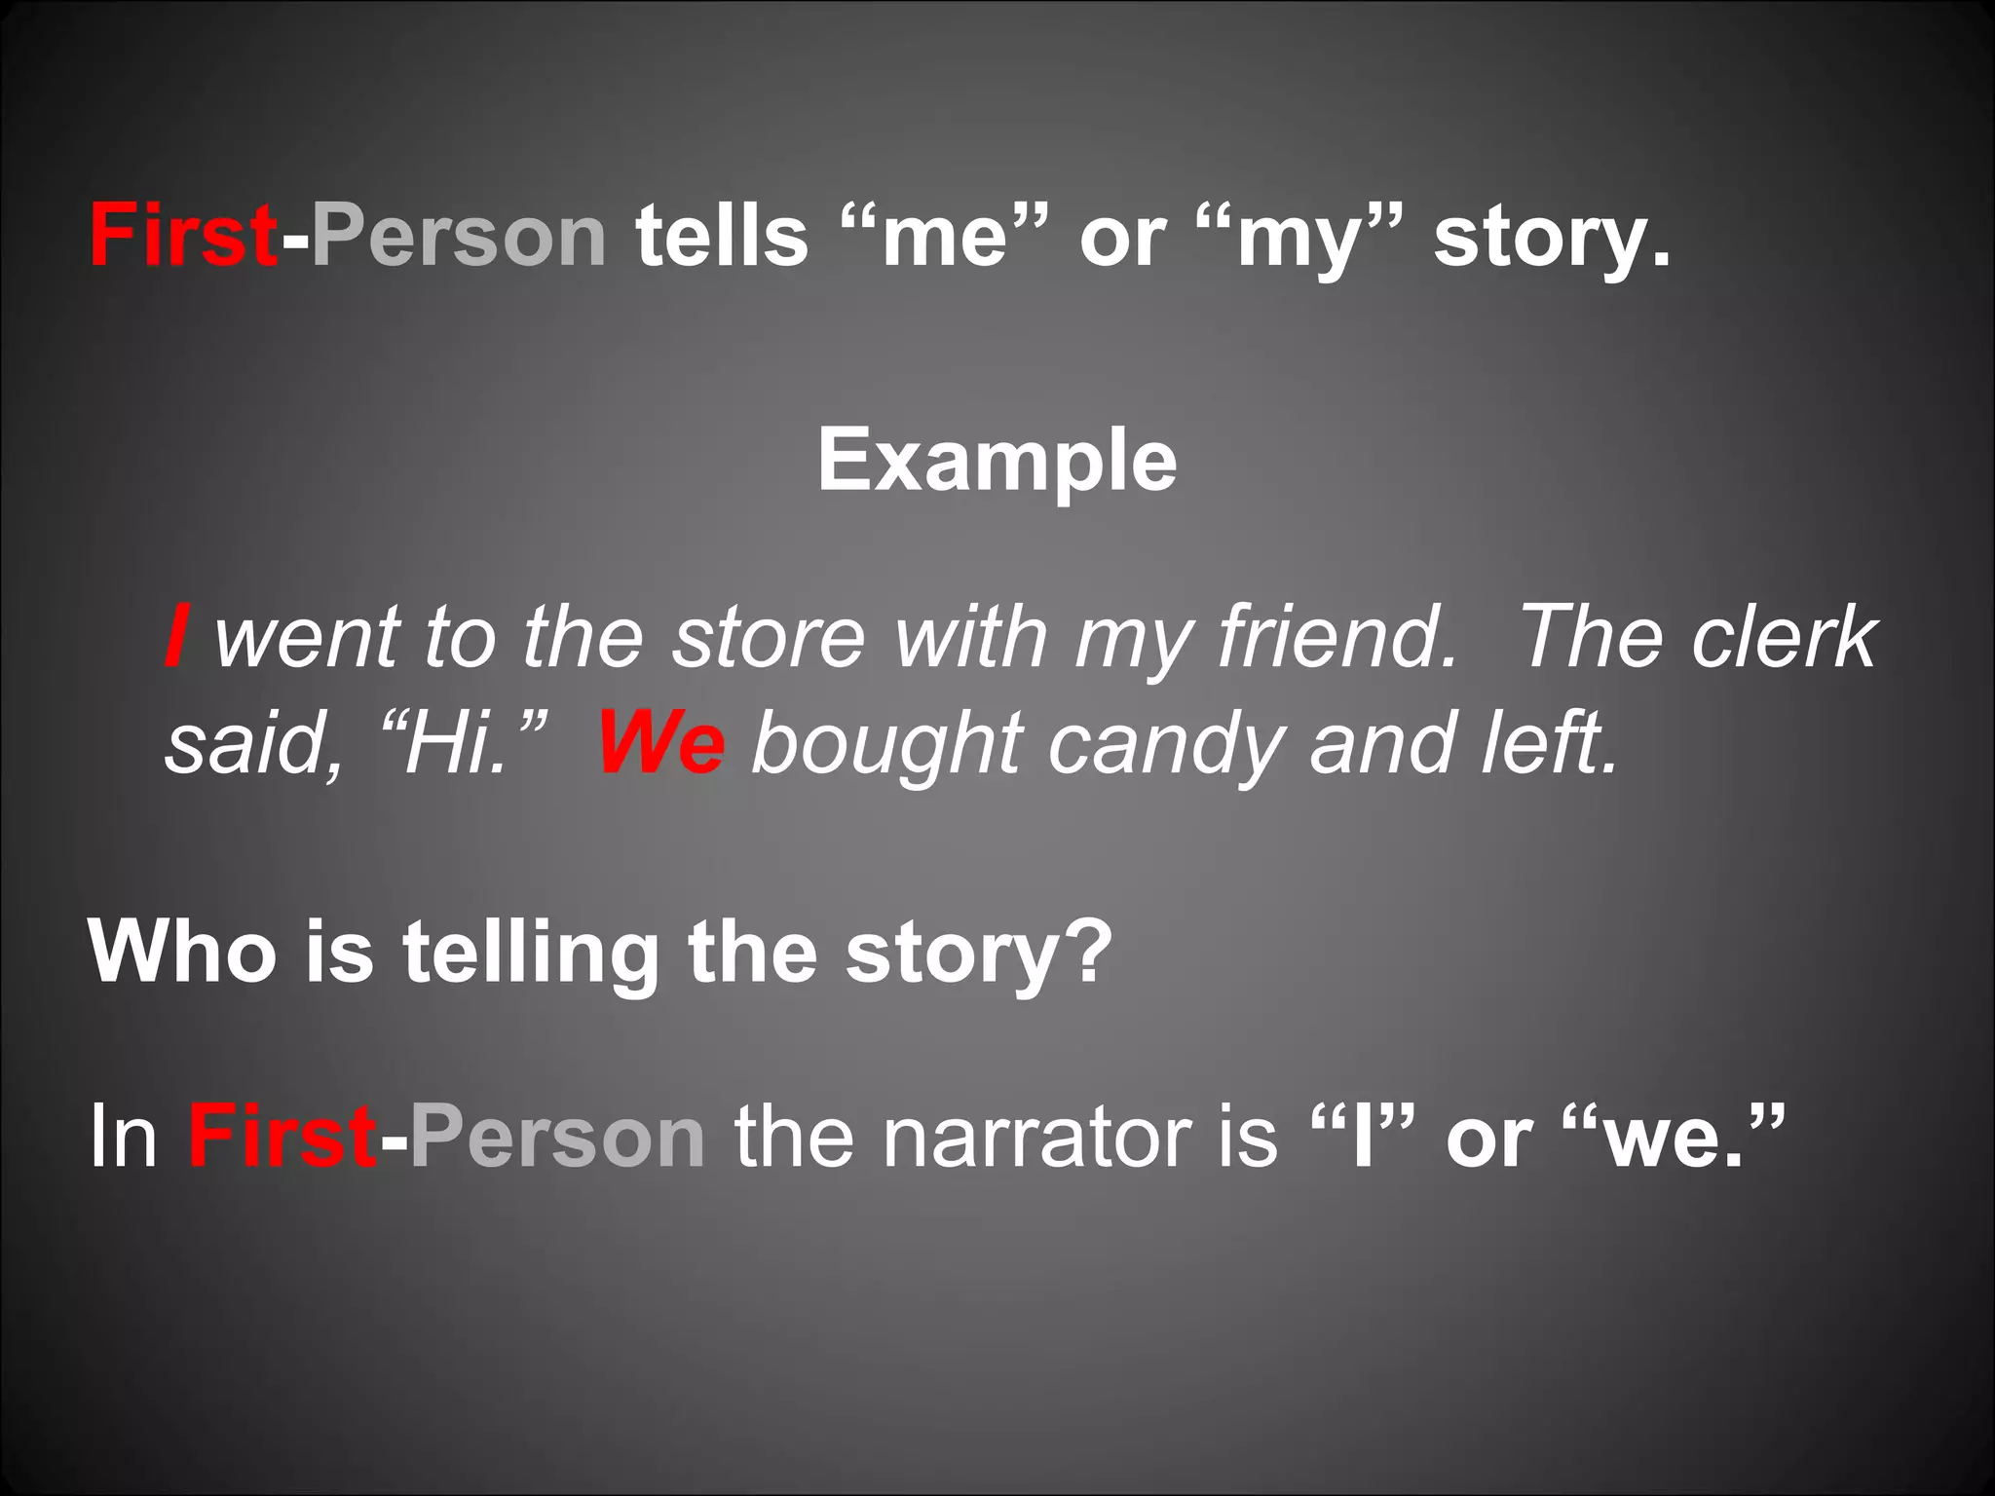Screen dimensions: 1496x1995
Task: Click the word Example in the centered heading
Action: click(997, 461)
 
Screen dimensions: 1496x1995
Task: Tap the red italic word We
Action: click(661, 743)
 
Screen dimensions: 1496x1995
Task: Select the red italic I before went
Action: click(176, 636)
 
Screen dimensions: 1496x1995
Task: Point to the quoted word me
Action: click(943, 239)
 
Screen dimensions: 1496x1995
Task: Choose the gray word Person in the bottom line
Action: click(557, 1137)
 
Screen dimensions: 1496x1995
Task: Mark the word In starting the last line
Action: click(123, 1137)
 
